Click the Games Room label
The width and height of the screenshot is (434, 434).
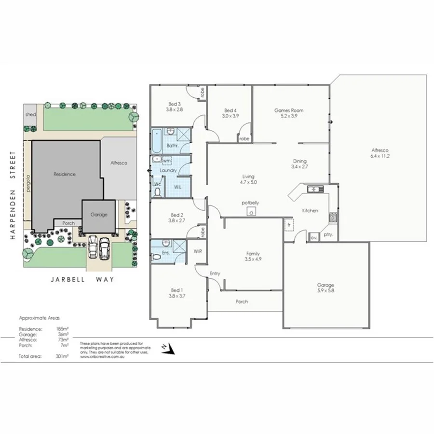(x=289, y=110)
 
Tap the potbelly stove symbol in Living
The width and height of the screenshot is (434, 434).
(x=251, y=211)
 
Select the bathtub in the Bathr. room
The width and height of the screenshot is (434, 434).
(x=157, y=139)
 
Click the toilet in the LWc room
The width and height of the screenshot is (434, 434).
(x=157, y=191)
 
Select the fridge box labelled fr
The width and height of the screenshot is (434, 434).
(x=289, y=225)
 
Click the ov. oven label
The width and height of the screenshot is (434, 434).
(x=313, y=237)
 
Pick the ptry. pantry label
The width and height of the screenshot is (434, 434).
(x=329, y=235)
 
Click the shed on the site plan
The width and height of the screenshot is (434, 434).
(x=30, y=115)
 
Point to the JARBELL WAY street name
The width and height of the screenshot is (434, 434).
(x=82, y=279)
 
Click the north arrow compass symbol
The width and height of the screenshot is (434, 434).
(x=166, y=347)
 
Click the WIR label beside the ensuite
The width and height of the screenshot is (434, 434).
(x=198, y=251)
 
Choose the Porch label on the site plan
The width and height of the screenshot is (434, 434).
(x=68, y=223)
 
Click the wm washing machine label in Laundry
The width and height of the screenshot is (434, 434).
(x=167, y=160)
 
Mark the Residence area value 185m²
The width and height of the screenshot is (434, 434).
(x=61, y=329)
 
